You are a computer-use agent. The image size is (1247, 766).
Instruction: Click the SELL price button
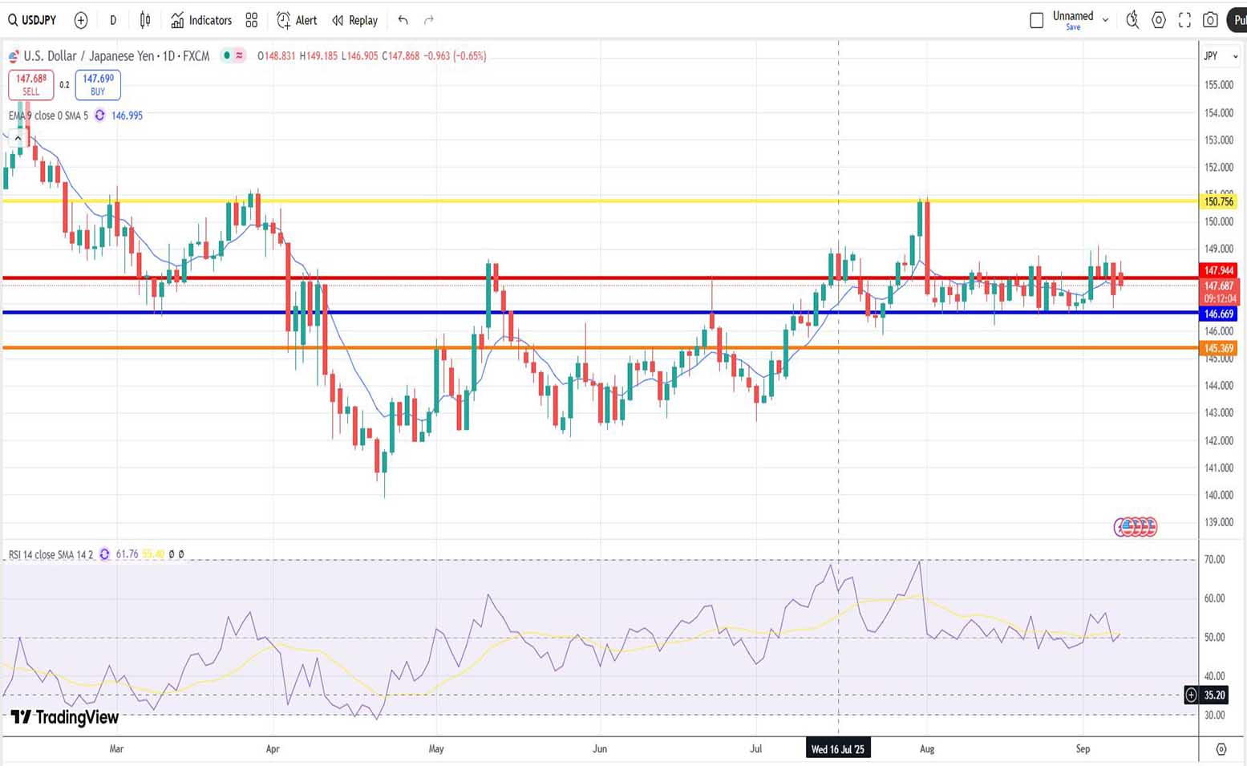pos(30,84)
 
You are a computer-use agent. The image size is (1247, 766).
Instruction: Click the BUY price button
pos(98,84)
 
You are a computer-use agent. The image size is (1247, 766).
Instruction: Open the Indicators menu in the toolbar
pos(201,20)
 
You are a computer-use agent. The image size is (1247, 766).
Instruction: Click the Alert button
pos(297,20)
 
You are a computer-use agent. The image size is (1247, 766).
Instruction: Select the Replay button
pos(354,20)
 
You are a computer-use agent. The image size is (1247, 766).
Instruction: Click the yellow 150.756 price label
pos(1219,201)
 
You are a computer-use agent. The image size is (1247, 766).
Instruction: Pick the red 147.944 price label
pos(1219,270)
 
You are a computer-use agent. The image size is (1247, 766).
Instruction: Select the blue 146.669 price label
pos(1219,314)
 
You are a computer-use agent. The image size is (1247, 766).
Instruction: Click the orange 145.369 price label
pos(1219,348)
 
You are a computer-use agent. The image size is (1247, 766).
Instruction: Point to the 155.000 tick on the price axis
pos(1219,85)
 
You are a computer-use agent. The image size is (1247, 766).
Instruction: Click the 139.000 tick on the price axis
pos(1219,522)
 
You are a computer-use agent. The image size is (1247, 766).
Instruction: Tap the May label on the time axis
pos(436,749)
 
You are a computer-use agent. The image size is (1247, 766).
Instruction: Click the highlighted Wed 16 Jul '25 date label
pos(838,749)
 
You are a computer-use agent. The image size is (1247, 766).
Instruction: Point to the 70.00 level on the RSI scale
pos(1214,560)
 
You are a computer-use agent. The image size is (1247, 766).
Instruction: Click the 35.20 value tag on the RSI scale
pos(1214,695)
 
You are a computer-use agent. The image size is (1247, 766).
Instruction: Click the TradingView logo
pos(65,717)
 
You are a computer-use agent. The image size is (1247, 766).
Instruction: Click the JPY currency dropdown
pos(1220,56)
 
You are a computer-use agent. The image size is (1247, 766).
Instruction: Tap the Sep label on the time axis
pos(1083,749)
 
